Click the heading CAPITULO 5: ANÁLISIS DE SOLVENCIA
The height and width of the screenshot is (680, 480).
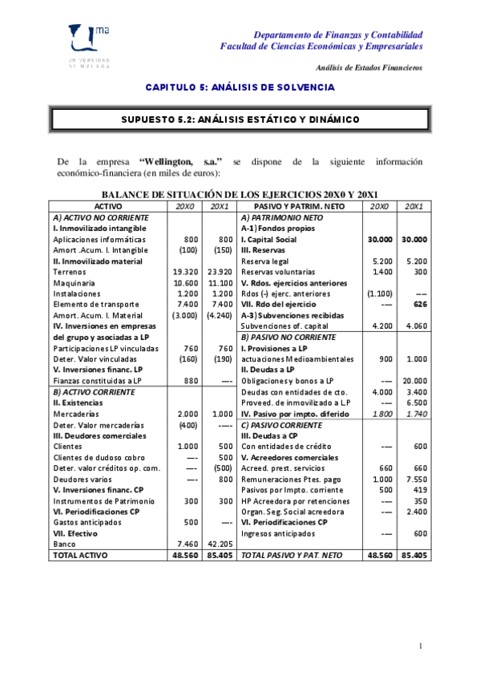click(240, 87)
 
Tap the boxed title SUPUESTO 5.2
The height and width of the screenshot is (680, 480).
click(240, 119)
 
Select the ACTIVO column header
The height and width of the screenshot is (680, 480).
click(108, 206)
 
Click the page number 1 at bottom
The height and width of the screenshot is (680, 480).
click(421, 646)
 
